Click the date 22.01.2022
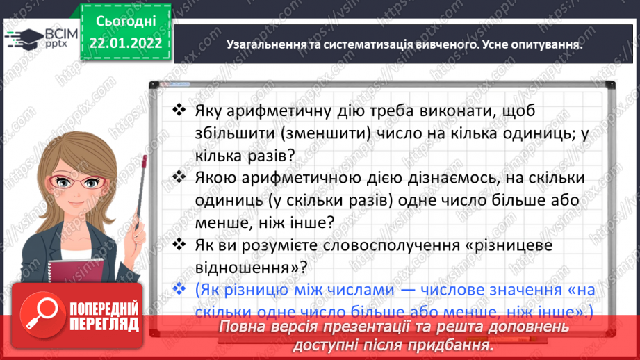[x=125, y=43]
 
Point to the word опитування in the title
[x=545, y=44]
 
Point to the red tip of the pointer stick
[x=145, y=161]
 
